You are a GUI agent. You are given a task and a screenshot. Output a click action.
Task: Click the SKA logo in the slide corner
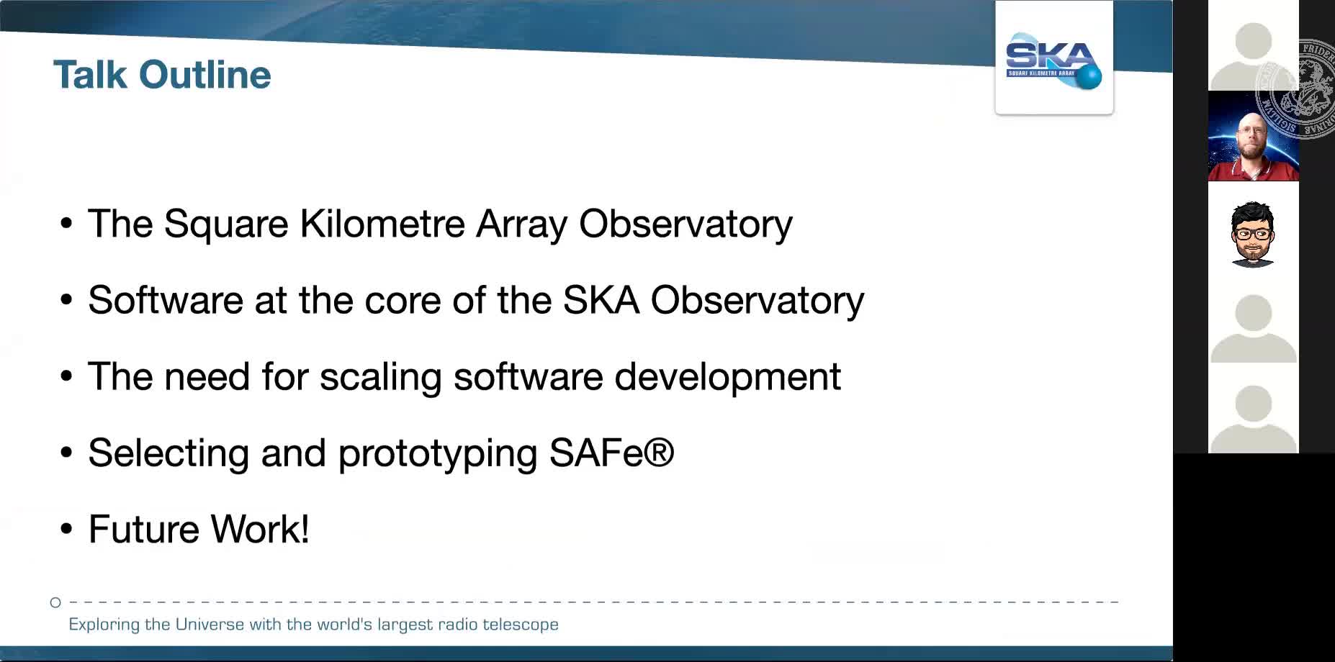[x=1053, y=61]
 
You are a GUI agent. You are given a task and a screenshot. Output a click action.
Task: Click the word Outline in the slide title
[x=205, y=75]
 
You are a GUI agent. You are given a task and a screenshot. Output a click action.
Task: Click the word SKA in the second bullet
[x=601, y=299]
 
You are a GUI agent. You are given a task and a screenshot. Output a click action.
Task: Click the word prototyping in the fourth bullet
[x=437, y=454]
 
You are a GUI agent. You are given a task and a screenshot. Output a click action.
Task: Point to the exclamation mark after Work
[x=305, y=529]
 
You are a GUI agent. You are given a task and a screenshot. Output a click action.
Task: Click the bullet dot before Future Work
[x=67, y=530]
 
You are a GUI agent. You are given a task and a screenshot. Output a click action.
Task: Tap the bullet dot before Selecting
[x=67, y=453]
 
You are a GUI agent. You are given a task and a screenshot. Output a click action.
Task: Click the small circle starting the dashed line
[x=55, y=602]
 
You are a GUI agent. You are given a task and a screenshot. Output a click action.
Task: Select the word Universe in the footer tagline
[x=210, y=624]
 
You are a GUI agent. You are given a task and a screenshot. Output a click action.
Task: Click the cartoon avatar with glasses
[x=1253, y=235]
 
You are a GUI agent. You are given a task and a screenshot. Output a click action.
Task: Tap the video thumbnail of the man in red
[x=1254, y=136]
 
